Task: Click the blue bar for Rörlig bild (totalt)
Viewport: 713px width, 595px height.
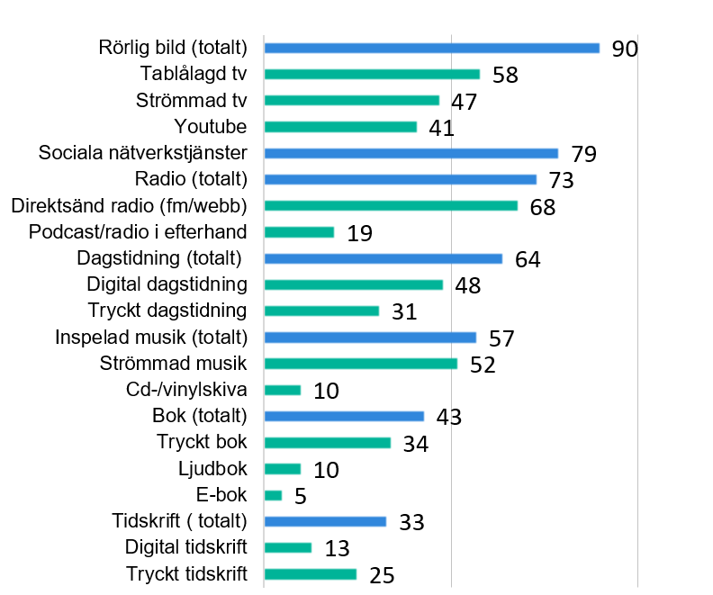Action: pyautogui.click(x=431, y=48)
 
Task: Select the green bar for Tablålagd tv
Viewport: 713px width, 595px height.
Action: pyautogui.click(x=372, y=74)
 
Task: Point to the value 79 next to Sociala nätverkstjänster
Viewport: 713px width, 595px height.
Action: pyautogui.click(x=584, y=154)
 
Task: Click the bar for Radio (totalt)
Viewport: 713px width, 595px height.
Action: pyautogui.click(x=400, y=179)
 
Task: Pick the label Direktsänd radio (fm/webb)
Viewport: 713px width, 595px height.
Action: pyautogui.click(x=130, y=205)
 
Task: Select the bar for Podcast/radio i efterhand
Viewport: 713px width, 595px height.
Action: pyautogui.click(x=299, y=232)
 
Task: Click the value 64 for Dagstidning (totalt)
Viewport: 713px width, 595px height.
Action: pyautogui.click(x=528, y=259)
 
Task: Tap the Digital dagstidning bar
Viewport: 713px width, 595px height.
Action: pyautogui.click(x=353, y=284)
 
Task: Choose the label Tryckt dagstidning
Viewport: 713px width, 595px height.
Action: pyautogui.click(x=167, y=311)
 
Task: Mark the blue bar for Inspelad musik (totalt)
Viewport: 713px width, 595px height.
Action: pyautogui.click(x=370, y=338)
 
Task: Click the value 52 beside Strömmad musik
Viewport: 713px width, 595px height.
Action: pyautogui.click(x=483, y=365)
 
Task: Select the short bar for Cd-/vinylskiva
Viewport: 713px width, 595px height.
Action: pyautogui.click(x=283, y=390)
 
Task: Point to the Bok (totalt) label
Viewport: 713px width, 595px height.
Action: pyautogui.click(x=199, y=416)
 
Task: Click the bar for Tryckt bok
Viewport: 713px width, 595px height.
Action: pyautogui.click(x=328, y=443)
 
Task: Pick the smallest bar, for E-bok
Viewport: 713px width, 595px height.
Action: pyautogui.click(x=273, y=495)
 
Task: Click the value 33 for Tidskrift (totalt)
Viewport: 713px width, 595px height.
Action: pyautogui.click(x=411, y=522)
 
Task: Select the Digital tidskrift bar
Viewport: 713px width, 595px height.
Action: pyautogui.click(x=288, y=547)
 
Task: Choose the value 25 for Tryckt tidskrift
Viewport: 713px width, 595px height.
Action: pyautogui.click(x=383, y=575)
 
